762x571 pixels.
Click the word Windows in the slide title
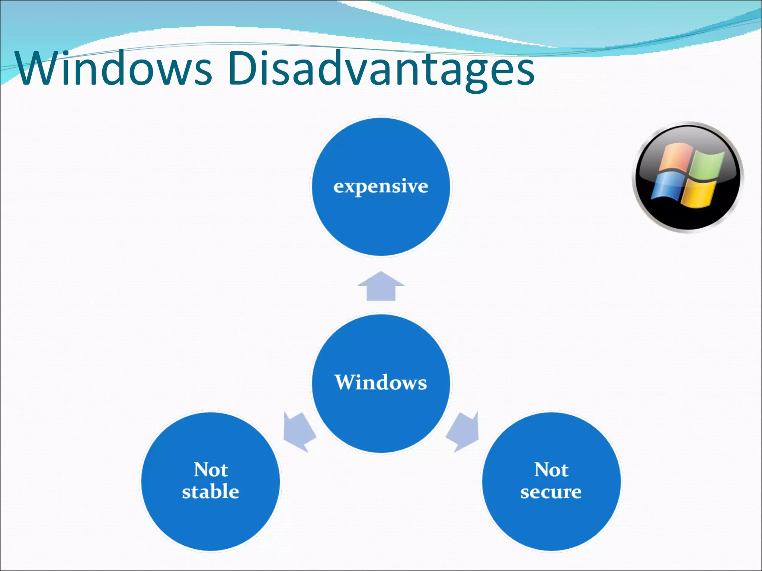[x=113, y=69]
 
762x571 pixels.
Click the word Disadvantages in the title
[x=381, y=69]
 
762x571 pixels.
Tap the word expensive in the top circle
[x=381, y=186]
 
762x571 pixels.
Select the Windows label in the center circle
[x=381, y=382]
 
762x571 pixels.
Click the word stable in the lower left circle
[x=210, y=491]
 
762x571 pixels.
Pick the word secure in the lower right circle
[x=551, y=492]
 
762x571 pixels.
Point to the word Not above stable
[x=211, y=470]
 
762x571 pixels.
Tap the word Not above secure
[x=551, y=470]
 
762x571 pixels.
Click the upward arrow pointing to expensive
[x=381, y=286]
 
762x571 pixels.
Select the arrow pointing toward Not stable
[x=298, y=431]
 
